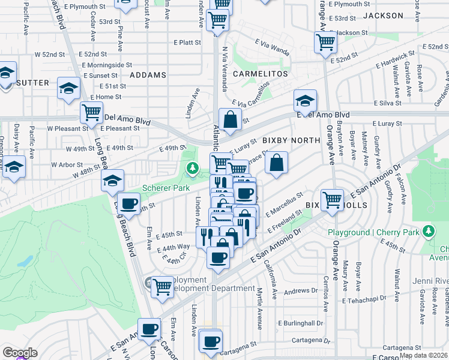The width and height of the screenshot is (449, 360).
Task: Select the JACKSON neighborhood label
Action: coord(384,16)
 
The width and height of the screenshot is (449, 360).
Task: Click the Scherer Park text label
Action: coord(165,188)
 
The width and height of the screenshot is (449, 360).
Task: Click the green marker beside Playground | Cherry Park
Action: coord(429,231)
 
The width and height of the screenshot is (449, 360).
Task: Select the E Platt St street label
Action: coord(187,43)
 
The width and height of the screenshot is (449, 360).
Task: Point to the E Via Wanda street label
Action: coord(272,44)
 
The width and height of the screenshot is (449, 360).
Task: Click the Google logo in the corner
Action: coord(20,353)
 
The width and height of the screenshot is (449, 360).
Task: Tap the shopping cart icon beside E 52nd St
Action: coord(325,43)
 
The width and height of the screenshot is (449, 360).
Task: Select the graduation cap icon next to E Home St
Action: coord(69,89)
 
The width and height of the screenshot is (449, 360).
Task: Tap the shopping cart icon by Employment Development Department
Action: coord(162,287)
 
